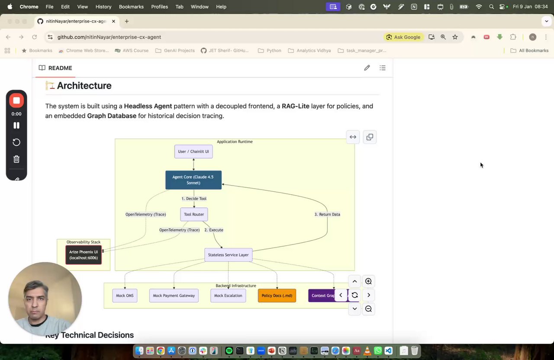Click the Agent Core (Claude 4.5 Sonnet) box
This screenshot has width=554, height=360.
point(193,180)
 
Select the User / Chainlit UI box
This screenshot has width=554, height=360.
point(193,151)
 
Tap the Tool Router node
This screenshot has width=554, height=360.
point(194,214)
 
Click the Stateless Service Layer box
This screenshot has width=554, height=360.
point(228,255)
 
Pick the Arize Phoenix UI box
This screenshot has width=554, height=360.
point(84,255)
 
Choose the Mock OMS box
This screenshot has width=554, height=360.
point(125,296)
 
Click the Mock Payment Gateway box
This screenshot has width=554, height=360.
point(174,296)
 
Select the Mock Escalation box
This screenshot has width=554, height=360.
point(228,296)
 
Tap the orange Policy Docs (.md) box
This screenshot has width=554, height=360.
point(277,296)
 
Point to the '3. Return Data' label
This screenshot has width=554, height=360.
point(327,214)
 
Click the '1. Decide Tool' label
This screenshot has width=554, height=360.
point(194,199)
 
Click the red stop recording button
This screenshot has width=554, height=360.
point(16,100)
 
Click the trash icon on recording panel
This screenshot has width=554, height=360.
point(16,159)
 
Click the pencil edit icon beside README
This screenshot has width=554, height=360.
point(367,67)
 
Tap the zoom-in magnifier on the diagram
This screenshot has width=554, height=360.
point(368,281)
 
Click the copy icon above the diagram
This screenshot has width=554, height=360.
point(370,137)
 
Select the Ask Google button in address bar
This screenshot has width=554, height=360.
point(403,37)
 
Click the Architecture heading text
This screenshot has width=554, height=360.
point(84,86)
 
